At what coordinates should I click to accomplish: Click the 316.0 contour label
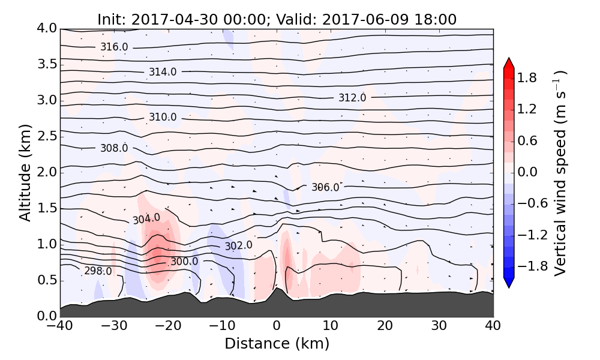[114, 47]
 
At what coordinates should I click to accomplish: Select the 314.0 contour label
[163, 72]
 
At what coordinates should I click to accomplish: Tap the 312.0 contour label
[352, 98]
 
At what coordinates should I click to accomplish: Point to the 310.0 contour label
[163, 117]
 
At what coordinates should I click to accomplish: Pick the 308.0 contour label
[114, 148]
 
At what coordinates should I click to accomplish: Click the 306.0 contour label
[325, 187]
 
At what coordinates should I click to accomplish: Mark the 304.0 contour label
[146, 218]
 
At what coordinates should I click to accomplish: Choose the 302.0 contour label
[239, 245]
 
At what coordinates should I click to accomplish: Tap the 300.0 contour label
[184, 261]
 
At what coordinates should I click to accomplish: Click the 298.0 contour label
[98, 271]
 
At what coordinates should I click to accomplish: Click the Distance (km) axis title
[277, 344]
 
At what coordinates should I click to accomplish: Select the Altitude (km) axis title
[25, 172]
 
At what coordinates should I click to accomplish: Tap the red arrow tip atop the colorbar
[509, 61]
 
